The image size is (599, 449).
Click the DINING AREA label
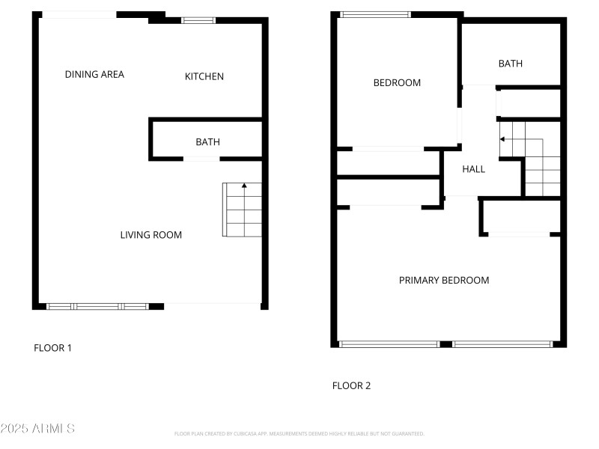[x=94, y=74]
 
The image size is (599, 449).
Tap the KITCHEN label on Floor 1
[x=204, y=76]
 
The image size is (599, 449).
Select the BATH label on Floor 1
[x=207, y=142]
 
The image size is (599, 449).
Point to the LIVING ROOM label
[x=151, y=235]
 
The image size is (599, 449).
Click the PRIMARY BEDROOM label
[x=444, y=281]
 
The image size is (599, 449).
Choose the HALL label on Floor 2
[x=473, y=169]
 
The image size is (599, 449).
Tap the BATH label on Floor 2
[x=511, y=64]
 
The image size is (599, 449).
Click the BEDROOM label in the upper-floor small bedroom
[x=397, y=83]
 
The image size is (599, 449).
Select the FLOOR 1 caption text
[x=53, y=348]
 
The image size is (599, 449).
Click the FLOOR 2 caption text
[x=351, y=386]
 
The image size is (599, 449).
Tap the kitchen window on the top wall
[x=198, y=20]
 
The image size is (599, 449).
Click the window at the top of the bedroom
[x=375, y=14]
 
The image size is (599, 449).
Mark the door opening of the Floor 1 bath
[x=202, y=159]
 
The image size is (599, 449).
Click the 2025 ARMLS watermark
[x=37, y=429]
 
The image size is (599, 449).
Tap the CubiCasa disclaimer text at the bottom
[x=299, y=433]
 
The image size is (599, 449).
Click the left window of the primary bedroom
[x=389, y=344]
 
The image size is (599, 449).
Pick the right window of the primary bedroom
[x=502, y=344]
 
